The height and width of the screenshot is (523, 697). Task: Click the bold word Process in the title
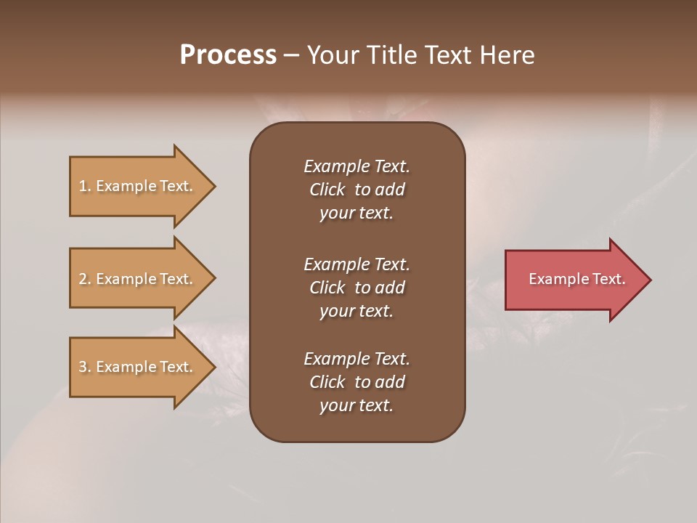(228, 55)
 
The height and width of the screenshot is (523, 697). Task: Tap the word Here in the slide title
(507, 55)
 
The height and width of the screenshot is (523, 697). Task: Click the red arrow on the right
(574, 280)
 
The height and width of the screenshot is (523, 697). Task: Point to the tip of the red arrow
(648, 280)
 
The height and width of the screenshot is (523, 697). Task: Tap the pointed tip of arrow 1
(213, 186)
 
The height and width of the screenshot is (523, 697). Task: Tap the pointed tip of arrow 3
(213, 367)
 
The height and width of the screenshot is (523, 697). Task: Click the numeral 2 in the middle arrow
(83, 279)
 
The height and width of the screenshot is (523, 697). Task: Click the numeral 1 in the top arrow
(83, 186)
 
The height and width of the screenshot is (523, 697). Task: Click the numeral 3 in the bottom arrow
(83, 367)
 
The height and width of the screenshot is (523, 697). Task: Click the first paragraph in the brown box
(356, 190)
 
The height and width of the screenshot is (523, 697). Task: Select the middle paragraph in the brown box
(356, 288)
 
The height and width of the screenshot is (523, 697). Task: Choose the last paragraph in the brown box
(356, 382)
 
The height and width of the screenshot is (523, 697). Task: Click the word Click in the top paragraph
(327, 190)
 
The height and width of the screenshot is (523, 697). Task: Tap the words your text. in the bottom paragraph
(356, 405)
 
